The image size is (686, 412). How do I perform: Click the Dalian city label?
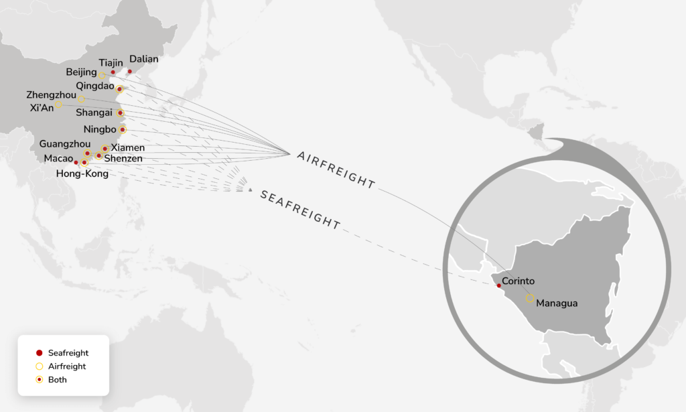(x=143, y=59)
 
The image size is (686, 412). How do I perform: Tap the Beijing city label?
(x=81, y=72)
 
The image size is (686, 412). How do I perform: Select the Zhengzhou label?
(x=50, y=94)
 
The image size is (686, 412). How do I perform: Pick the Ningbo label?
(x=100, y=129)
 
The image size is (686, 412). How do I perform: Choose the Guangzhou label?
(x=65, y=143)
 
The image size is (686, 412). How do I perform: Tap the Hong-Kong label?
(x=82, y=174)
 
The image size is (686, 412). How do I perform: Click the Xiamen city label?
(x=127, y=147)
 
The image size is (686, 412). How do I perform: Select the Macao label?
(x=58, y=158)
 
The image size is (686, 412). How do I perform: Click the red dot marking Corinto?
(x=498, y=285)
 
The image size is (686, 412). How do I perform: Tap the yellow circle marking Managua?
(x=530, y=298)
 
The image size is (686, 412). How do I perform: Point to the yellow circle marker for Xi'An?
(x=59, y=105)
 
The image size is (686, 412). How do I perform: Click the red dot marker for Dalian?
(x=129, y=71)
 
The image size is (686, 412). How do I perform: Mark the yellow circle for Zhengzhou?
(x=81, y=99)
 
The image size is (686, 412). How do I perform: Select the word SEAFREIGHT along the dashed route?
(x=299, y=209)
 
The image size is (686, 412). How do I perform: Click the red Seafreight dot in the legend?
(x=39, y=353)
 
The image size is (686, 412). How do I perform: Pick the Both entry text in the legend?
(x=57, y=380)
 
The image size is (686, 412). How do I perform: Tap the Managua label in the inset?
(x=557, y=303)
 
